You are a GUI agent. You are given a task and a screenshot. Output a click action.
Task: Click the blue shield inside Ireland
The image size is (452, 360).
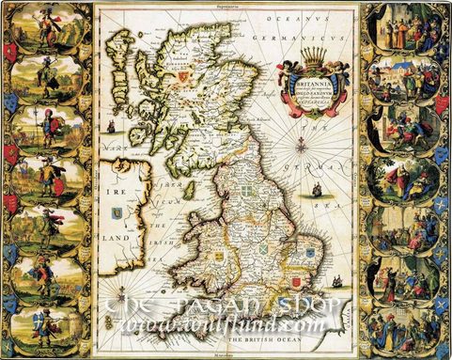[116, 213]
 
